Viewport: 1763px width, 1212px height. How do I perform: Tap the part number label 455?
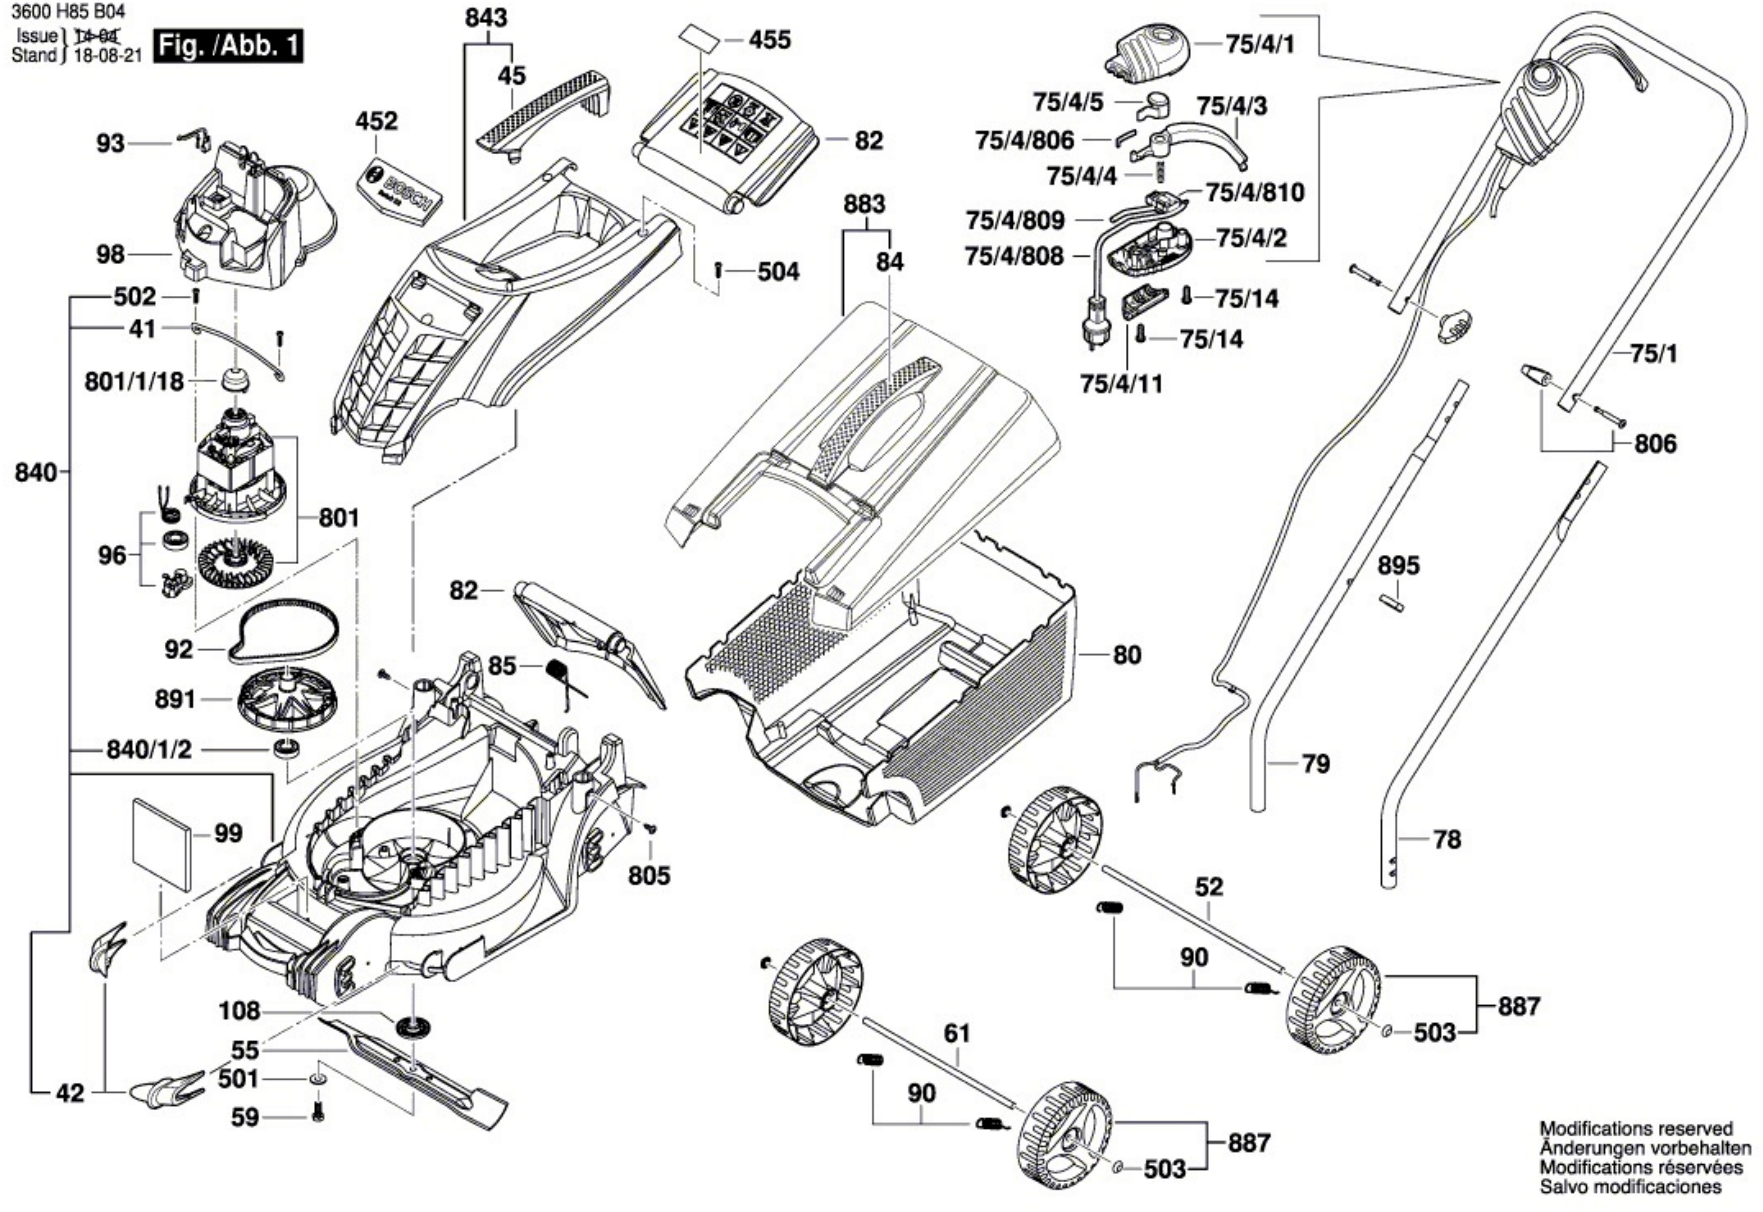(x=769, y=40)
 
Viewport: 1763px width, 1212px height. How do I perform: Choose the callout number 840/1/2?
(x=149, y=750)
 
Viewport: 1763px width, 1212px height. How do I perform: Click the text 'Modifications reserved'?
(x=1635, y=1129)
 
